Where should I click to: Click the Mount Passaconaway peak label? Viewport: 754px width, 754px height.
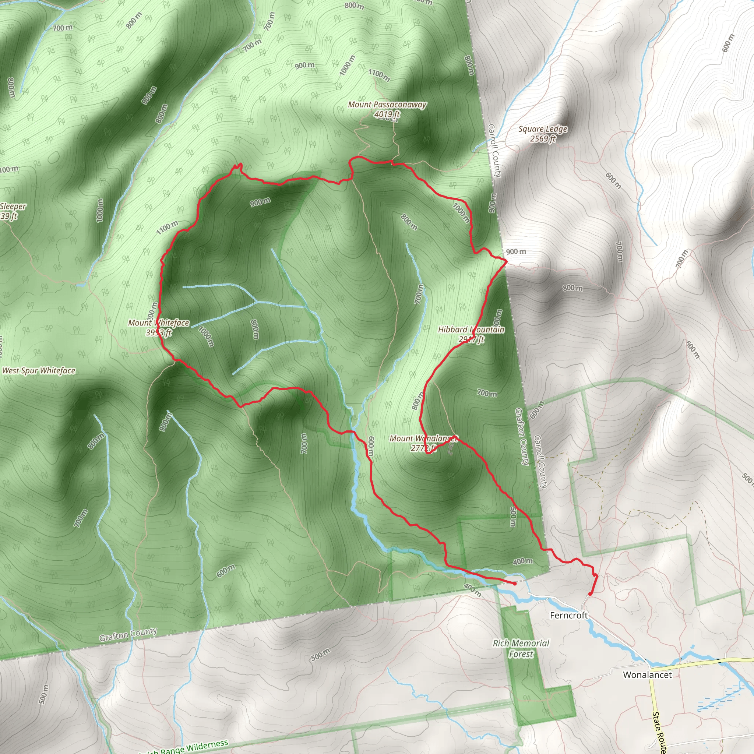387,105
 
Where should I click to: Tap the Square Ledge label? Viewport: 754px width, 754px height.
542,129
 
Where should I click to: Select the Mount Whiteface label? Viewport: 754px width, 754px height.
158,323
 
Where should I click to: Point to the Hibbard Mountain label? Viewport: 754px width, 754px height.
471,330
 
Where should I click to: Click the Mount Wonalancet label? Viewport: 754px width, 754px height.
423,438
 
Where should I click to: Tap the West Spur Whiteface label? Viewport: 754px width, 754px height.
39,371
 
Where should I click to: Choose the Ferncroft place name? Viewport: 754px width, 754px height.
568,616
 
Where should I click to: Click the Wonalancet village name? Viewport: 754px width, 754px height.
647,675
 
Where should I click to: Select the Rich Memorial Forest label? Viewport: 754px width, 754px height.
521,648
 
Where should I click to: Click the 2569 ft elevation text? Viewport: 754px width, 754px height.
542,138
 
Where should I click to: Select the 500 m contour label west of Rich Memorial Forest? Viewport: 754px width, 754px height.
320,654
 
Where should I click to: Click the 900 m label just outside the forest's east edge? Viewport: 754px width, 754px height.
515,252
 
